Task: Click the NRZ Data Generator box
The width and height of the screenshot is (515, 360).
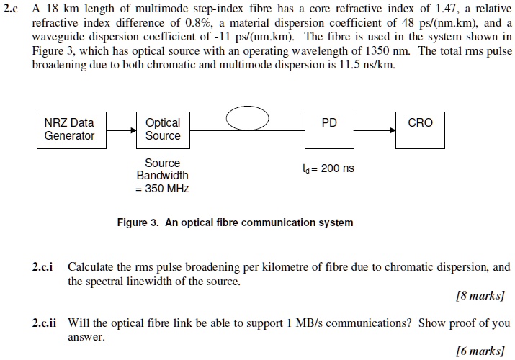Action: tap(69, 129)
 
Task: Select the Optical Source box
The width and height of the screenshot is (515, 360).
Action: tap(163, 129)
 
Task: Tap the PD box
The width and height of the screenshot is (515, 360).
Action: tap(328, 129)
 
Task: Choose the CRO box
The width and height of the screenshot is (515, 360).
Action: tap(421, 129)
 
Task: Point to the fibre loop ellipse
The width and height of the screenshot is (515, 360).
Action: tap(247, 118)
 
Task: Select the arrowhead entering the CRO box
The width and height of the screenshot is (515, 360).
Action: tap(393, 131)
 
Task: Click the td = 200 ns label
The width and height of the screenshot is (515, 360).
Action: tap(329, 168)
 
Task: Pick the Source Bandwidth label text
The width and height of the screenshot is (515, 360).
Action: tap(163, 169)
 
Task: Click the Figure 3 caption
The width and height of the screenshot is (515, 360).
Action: tap(235, 222)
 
